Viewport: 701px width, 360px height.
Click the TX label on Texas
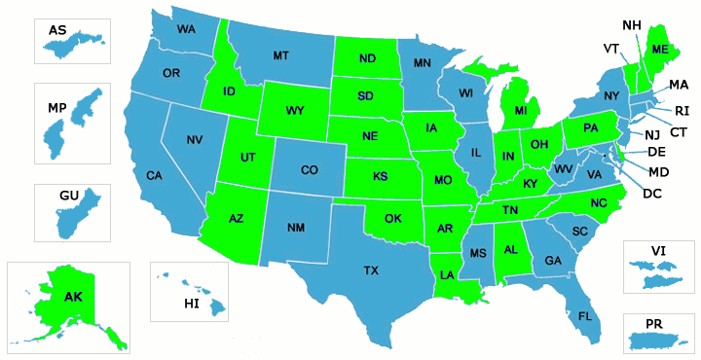[372, 270]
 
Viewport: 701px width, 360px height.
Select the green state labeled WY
[295, 110]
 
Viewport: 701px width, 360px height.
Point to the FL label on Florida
[585, 316]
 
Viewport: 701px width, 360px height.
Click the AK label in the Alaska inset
[74, 296]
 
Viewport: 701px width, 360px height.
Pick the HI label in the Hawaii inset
[192, 304]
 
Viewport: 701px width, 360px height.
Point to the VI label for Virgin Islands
[659, 250]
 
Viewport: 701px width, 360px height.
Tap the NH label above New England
[632, 24]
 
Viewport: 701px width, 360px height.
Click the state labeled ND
[367, 59]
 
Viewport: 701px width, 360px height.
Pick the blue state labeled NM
[296, 228]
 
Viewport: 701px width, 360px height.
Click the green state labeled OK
[393, 217]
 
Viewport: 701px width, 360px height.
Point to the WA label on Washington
[186, 29]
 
